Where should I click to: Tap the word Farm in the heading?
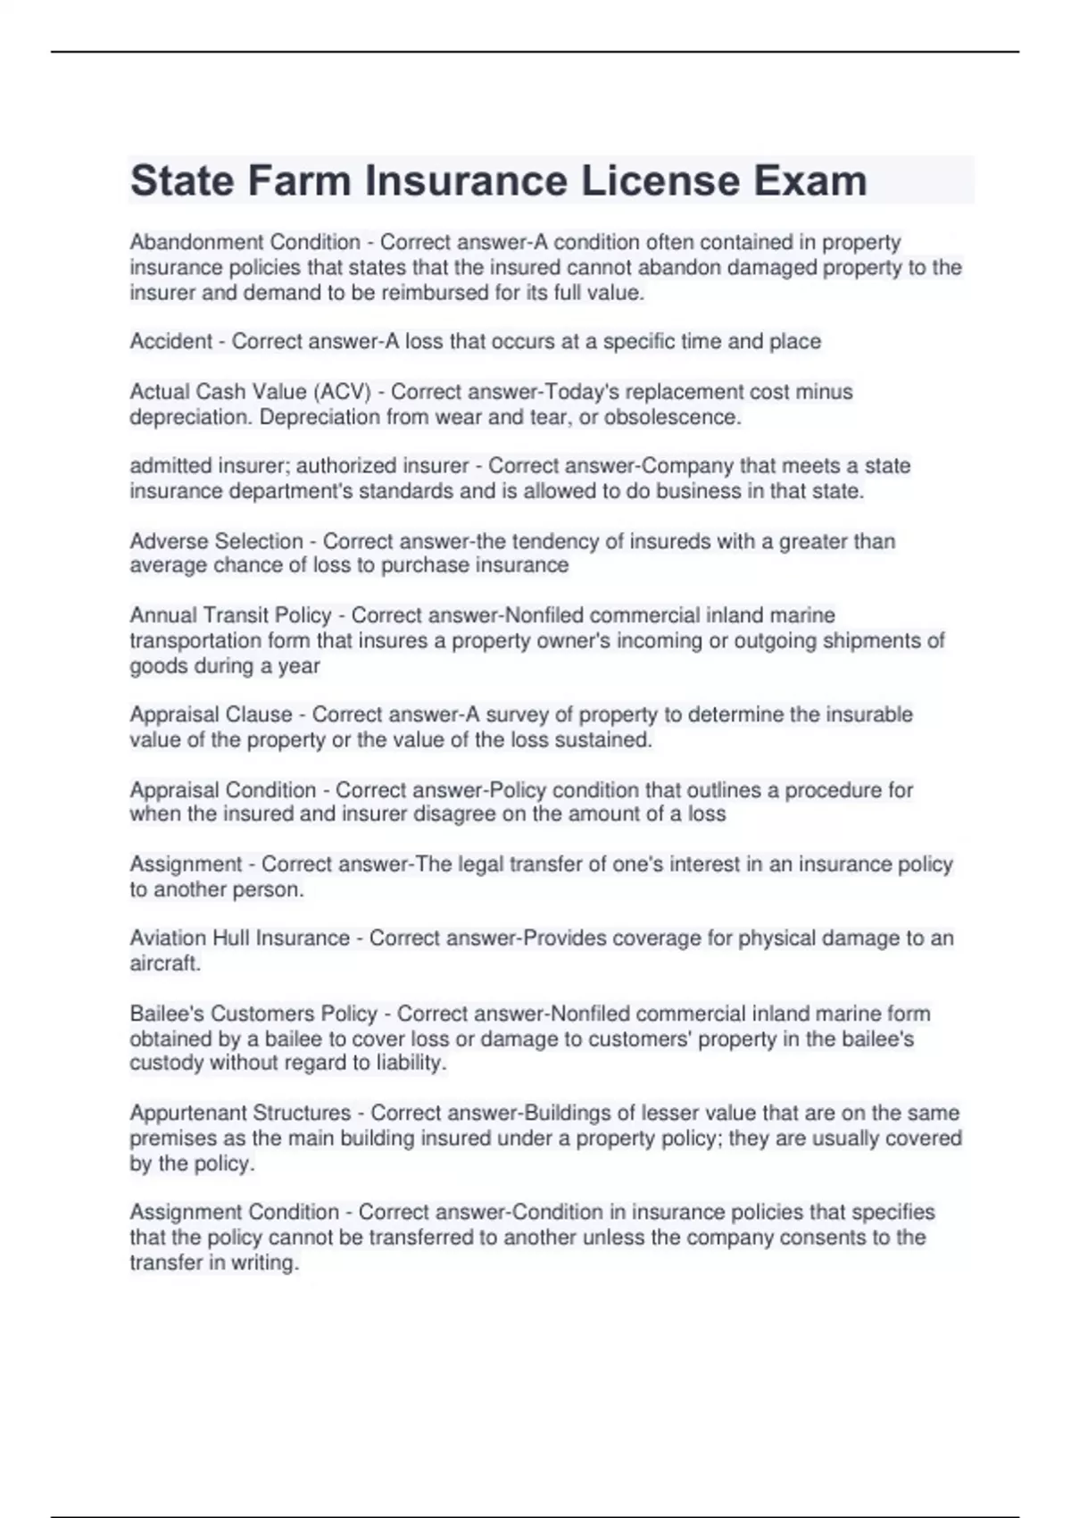300,181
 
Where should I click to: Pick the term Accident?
171,341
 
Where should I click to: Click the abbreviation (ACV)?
342,392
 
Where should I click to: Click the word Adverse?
167,541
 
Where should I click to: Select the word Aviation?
169,938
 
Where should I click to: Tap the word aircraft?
164,963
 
